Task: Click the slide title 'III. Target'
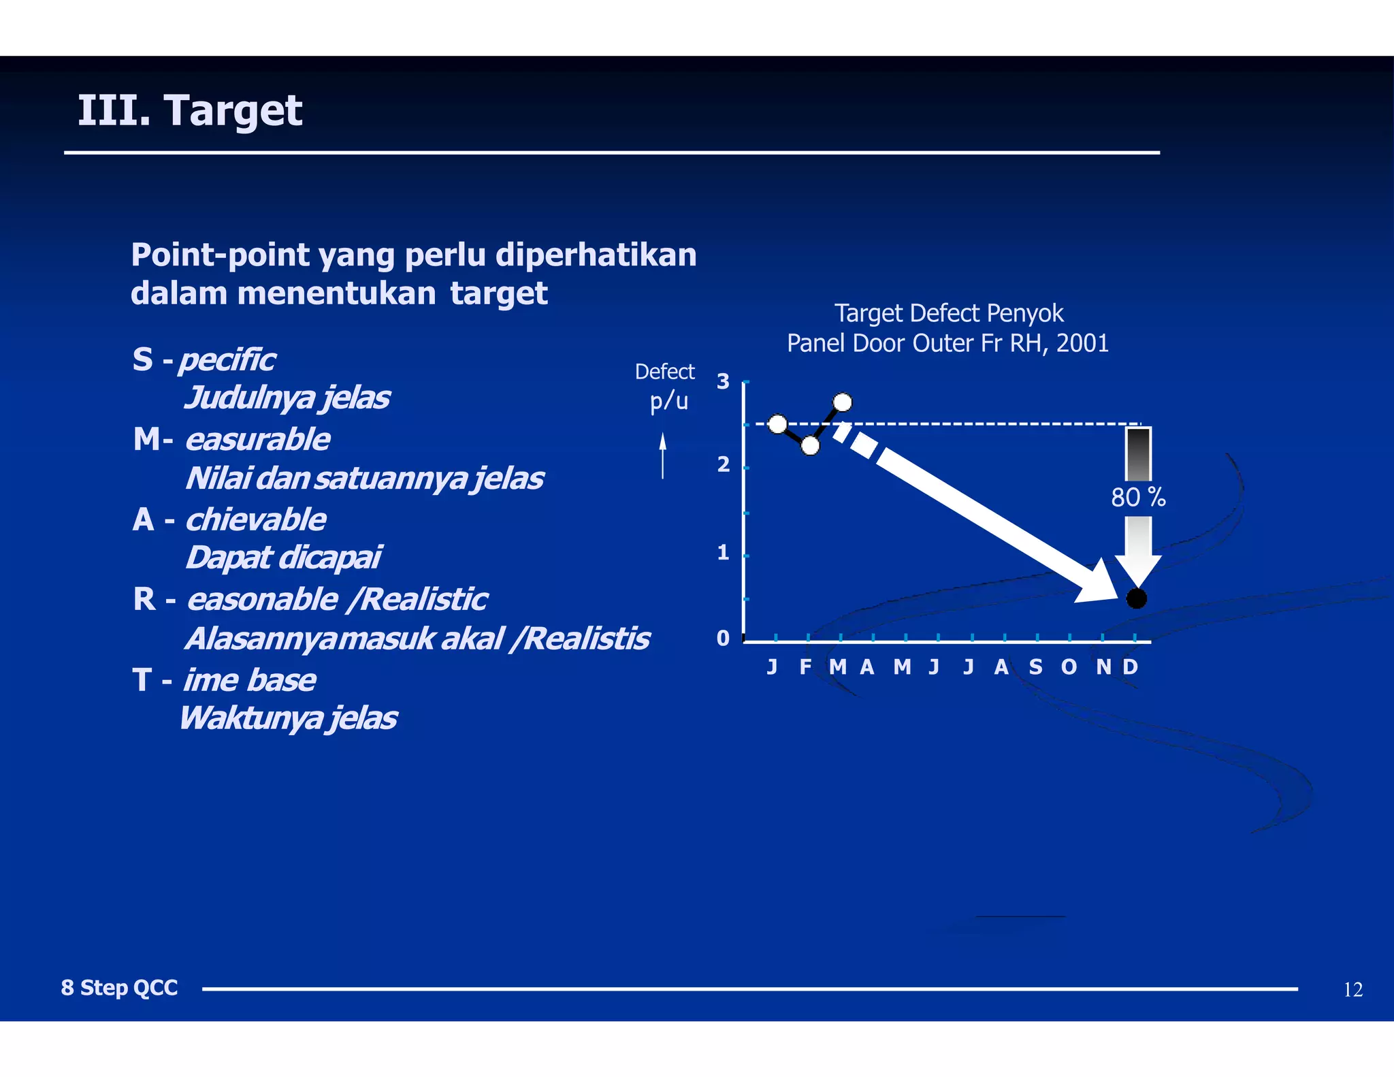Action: tap(190, 110)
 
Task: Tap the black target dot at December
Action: tap(1136, 598)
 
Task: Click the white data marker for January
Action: tap(777, 425)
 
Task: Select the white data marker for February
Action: tap(810, 446)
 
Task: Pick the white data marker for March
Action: tap(842, 402)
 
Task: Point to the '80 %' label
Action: tap(1138, 498)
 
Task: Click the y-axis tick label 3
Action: tap(723, 382)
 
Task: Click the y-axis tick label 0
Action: tap(723, 639)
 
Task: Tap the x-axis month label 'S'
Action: tap(1035, 667)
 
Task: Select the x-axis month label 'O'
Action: tap(1069, 667)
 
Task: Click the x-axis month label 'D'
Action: tap(1130, 667)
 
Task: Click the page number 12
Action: tap(1352, 990)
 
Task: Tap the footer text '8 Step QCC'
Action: tap(119, 988)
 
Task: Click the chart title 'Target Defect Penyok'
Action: tap(948, 313)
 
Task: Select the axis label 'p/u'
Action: tap(668, 402)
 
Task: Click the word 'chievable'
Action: tap(256, 520)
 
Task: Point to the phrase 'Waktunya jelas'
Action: tap(288, 718)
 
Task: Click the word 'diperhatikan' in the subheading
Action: tap(596, 255)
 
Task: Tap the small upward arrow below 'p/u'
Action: tap(662, 455)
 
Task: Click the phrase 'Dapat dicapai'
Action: tap(283, 558)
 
